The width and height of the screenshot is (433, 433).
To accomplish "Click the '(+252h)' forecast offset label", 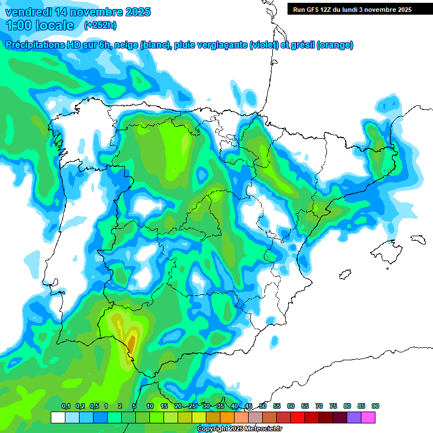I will click(x=100, y=25).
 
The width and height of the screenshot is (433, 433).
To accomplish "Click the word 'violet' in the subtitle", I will click(x=264, y=45).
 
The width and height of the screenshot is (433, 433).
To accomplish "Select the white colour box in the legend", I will click(x=58, y=418).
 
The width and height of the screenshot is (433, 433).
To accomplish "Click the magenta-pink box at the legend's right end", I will click(x=368, y=418).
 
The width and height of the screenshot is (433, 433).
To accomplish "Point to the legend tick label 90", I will click(x=375, y=407).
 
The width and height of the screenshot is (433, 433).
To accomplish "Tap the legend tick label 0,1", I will click(x=65, y=407).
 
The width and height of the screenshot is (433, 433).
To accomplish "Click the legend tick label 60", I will click(x=291, y=407).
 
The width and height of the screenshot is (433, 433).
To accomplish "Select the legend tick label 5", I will click(x=134, y=407).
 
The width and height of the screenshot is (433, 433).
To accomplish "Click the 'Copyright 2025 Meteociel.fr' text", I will click(x=240, y=429).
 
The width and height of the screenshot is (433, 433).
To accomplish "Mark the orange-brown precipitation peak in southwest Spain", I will click(x=131, y=342).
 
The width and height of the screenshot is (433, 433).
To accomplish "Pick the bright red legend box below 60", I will click(x=298, y=418).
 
